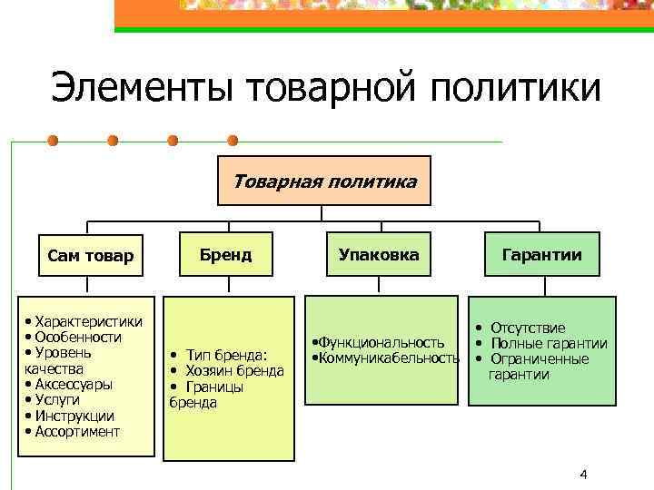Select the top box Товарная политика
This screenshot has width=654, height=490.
click(x=324, y=181)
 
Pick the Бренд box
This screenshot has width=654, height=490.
click(x=228, y=254)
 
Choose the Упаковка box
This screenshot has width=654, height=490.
click(x=379, y=254)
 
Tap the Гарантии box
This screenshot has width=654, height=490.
click(x=542, y=254)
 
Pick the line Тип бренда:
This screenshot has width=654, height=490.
click(x=225, y=354)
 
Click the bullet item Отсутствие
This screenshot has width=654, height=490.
click(x=528, y=328)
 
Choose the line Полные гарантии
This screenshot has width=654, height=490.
click(x=549, y=343)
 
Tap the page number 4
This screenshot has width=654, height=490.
click(x=583, y=475)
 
